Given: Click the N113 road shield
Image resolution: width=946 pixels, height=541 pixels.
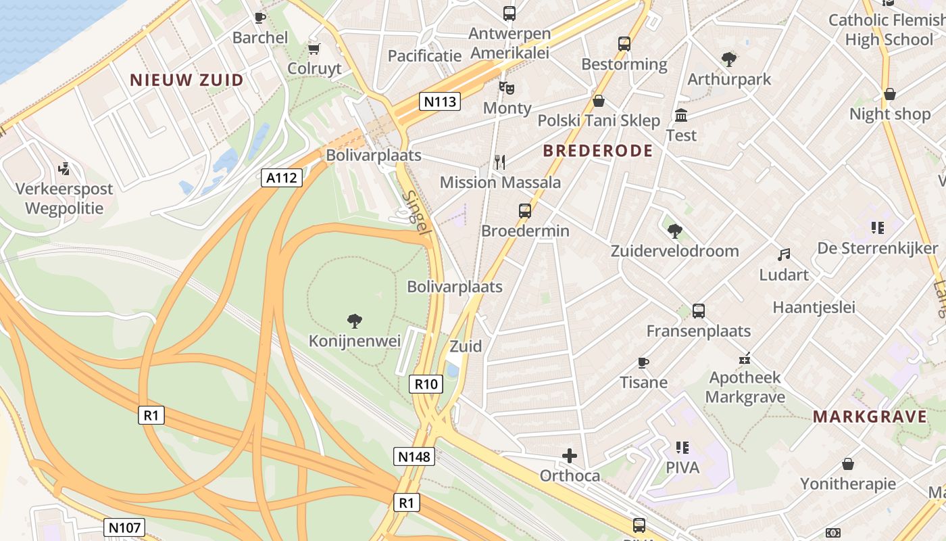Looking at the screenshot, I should pos(440,102).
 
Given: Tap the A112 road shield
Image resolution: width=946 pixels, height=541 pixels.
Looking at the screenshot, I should pos(282,178).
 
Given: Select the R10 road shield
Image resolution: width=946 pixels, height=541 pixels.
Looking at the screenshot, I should pos(426,385).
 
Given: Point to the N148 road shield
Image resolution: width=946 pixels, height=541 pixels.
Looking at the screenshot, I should pos(414,456).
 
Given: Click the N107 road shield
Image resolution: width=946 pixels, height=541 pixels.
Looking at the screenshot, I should pos(124,527).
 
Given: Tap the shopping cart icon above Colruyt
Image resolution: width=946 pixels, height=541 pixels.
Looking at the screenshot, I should pos(314,49).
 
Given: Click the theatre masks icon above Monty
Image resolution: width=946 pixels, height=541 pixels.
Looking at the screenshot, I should pos(506,87).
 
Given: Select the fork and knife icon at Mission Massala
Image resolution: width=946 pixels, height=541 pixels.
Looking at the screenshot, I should pos(500,162).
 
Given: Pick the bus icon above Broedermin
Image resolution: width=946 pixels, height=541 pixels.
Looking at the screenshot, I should pos(525,210).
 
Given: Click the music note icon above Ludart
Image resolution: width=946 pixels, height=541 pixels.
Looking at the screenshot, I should pos(784,254).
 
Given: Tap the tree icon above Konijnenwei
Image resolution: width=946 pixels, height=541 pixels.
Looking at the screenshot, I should pos(354,321).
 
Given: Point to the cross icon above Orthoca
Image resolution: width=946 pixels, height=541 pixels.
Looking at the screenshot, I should pos(570,455).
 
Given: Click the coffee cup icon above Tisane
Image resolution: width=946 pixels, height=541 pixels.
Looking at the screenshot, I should pos(643,362).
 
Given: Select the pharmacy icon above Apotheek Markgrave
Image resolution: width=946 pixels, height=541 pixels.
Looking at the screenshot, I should pos(745,358).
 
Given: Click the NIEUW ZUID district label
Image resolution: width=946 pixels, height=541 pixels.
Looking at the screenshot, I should pos(186,80).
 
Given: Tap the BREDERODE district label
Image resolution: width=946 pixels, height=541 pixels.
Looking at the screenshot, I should pos(598,150).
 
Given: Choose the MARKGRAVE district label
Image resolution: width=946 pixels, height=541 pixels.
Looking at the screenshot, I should pos(870,417).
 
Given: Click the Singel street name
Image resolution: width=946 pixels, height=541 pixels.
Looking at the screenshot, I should pos(416,212).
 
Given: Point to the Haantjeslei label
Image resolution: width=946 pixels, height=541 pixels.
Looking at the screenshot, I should pos(814,308).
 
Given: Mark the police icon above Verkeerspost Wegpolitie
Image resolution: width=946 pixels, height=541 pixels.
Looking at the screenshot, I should pos(64,168).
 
